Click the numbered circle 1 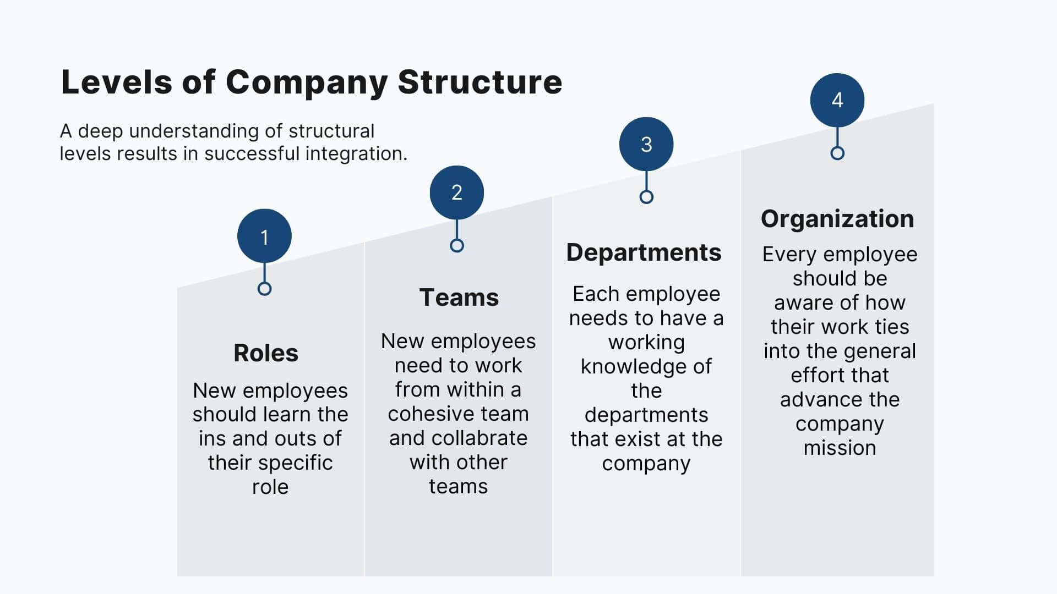[264, 236]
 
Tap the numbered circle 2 [456, 193]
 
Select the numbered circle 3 [646, 144]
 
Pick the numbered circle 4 [837, 100]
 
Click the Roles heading [266, 353]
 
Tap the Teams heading [459, 297]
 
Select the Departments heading [644, 252]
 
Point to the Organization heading [837, 218]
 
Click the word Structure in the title [480, 82]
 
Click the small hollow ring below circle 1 [264, 289]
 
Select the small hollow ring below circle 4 [837, 153]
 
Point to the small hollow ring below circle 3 [646, 197]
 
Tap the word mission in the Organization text [840, 448]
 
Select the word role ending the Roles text [270, 487]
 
